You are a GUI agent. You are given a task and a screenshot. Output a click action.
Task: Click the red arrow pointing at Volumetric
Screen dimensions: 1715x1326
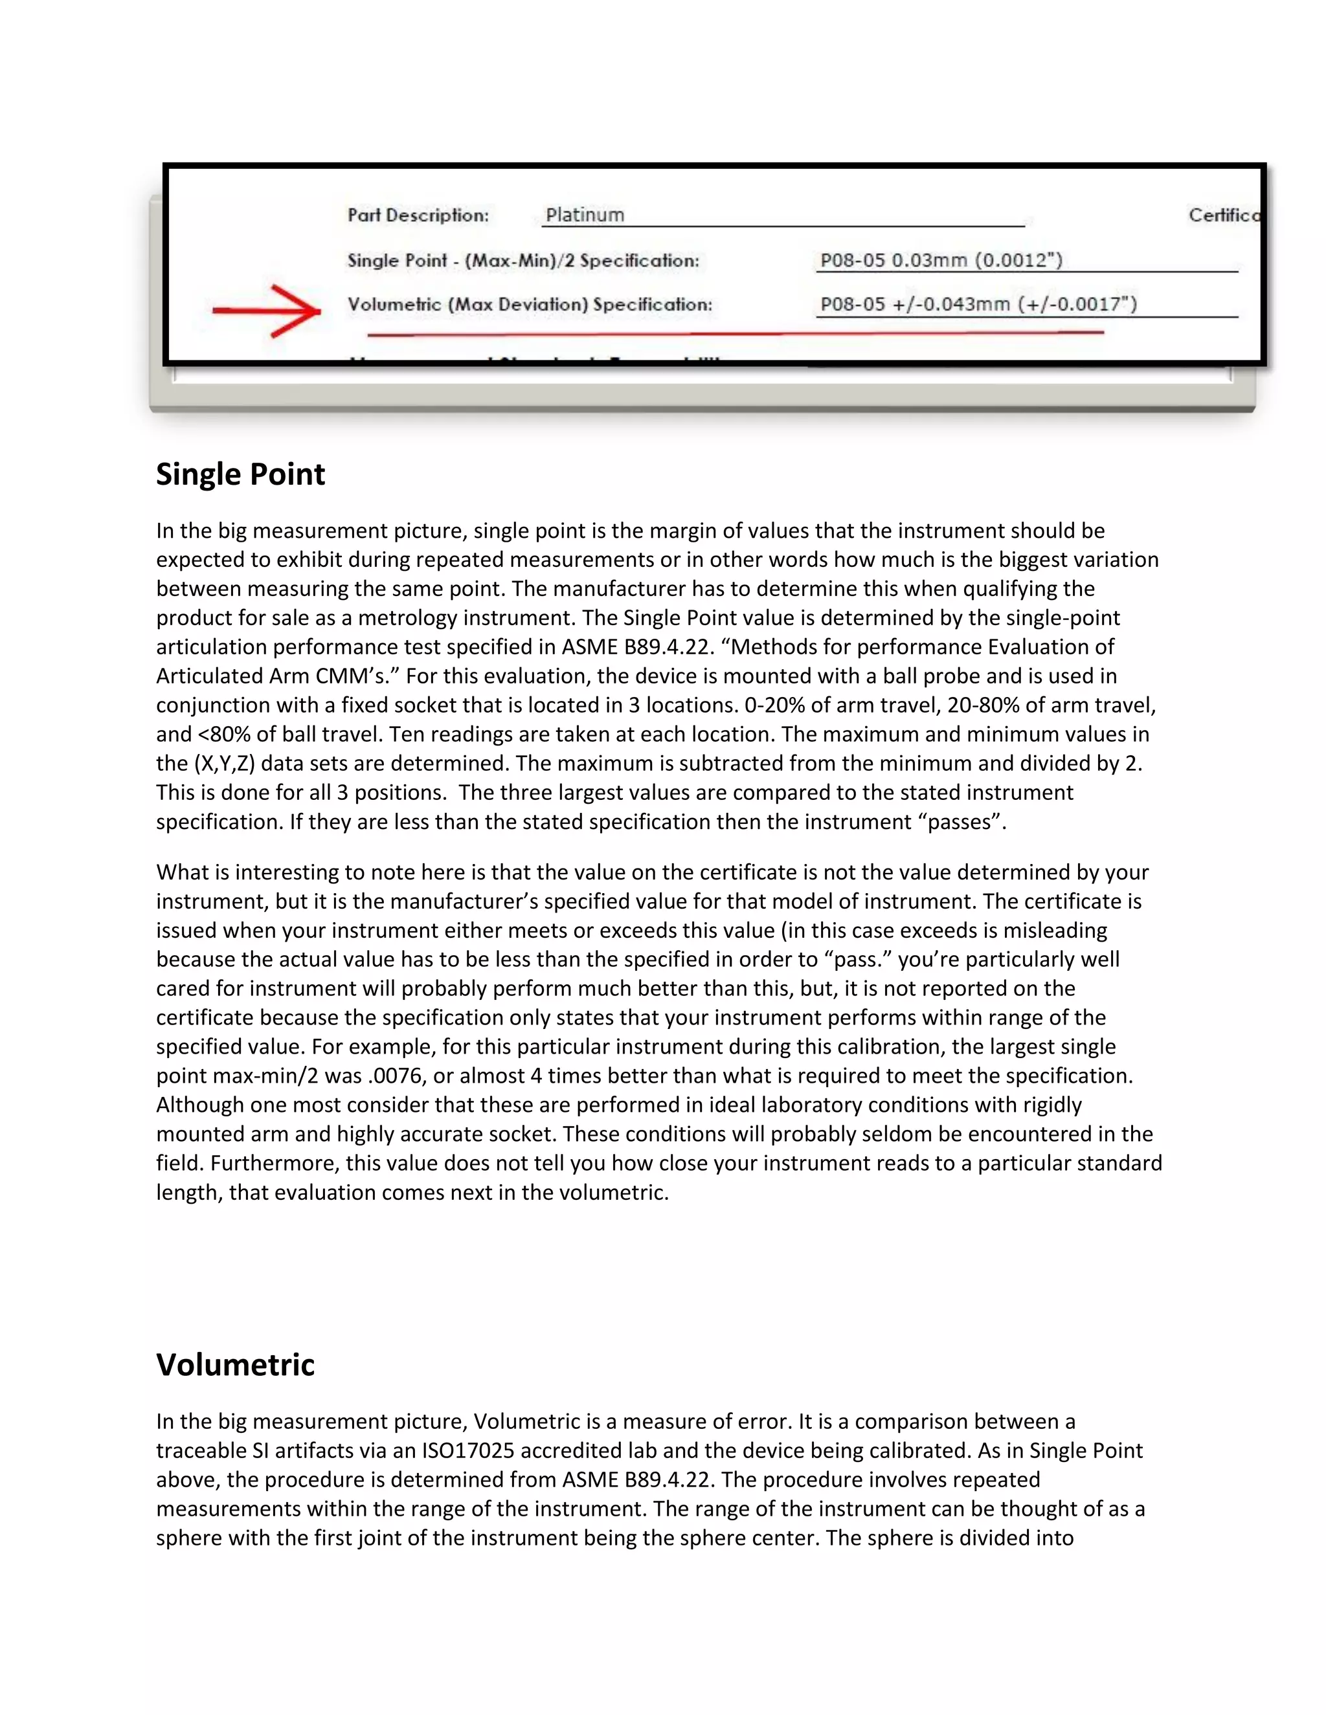pyautogui.click(x=267, y=311)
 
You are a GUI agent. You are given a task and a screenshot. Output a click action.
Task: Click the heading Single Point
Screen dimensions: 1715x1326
pyautogui.click(x=240, y=474)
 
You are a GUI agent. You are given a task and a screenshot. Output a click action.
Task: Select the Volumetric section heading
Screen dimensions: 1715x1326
pyautogui.click(x=235, y=1365)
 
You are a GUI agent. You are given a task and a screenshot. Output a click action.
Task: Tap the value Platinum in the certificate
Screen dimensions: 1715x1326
pyautogui.click(x=585, y=215)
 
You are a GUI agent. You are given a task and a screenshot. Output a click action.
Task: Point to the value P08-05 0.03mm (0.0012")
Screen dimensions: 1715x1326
pyautogui.click(x=941, y=260)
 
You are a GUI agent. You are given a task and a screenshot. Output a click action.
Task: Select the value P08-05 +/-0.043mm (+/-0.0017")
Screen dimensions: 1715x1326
pyautogui.click(x=978, y=304)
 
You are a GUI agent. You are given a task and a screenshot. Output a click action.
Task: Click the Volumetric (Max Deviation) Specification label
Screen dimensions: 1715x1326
pyautogui.click(x=530, y=305)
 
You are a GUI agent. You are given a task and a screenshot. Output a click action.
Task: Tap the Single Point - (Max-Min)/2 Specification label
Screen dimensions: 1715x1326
pyautogui.click(x=523, y=261)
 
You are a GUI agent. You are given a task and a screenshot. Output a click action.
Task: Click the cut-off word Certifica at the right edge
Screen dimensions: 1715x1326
pyautogui.click(x=1223, y=215)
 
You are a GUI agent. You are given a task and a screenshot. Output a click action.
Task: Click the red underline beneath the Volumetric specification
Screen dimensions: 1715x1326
pyautogui.click(x=734, y=334)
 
